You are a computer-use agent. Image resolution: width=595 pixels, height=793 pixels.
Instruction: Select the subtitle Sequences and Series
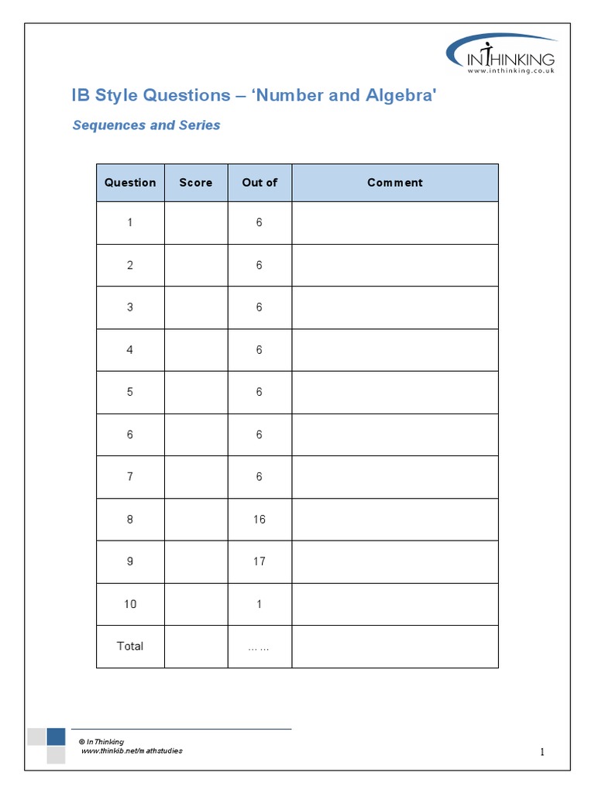tap(146, 125)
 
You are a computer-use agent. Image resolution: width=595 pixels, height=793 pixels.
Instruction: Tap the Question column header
tap(130, 183)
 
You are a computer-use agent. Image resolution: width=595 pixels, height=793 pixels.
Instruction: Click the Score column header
tap(195, 183)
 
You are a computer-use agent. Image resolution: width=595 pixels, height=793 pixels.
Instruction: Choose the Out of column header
tap(260, 183)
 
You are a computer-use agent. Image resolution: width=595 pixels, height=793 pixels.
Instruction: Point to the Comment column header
tap(394, 183)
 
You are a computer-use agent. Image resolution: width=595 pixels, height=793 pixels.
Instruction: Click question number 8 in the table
tap(130, 519)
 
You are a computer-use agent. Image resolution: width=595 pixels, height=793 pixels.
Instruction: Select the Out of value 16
tap(260, 519)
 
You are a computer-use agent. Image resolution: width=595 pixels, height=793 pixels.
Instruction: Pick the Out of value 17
tap(260, 561)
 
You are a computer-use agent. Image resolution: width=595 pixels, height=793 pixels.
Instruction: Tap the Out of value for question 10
tap(260, 603)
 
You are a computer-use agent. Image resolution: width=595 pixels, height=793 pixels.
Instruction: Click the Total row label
tap(130, 646)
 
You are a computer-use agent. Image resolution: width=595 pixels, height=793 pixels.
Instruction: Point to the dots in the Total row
tap(259, 647)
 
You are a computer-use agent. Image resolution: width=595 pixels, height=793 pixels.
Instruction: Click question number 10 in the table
tap(130, 603)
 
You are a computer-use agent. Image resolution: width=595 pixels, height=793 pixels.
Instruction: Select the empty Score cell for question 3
tap(195, 307)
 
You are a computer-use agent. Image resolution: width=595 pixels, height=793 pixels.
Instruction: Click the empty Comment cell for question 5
tap(394, 392)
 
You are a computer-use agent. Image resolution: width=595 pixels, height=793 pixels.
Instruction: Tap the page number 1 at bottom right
tap(543, 752)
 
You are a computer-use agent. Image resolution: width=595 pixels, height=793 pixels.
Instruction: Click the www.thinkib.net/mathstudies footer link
tap(132, 751)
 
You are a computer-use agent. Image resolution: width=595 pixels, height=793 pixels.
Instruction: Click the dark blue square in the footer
tap(56, 736)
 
